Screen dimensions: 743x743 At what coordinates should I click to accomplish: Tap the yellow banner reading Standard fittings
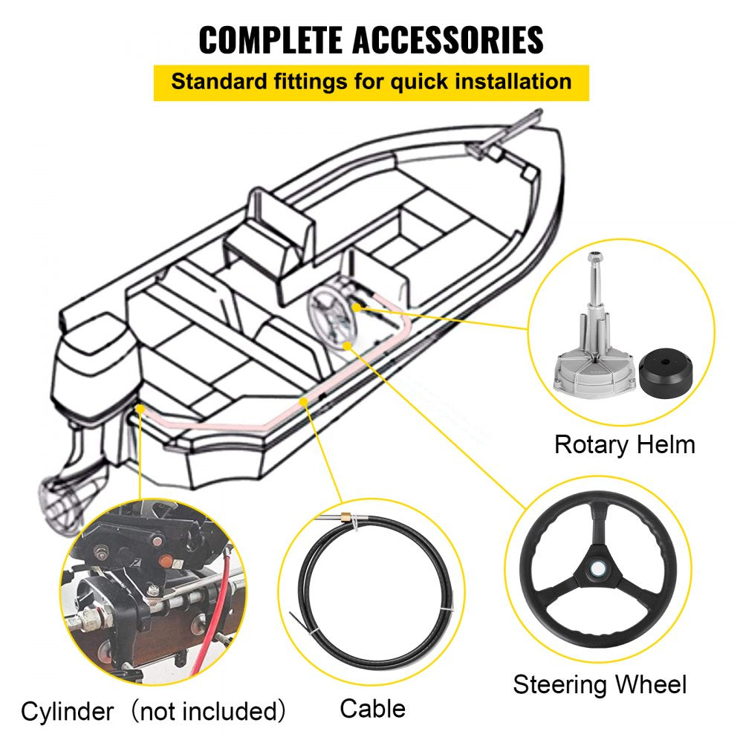pyautogui.click(x=371, y=82)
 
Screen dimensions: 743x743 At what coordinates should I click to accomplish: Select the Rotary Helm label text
pyautogui.click(x=624, y=444)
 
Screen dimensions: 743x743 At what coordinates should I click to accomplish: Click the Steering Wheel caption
pyautogui.click(x=600, y=684)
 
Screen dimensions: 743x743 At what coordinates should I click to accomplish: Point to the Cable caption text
pyautogui.click(x=372, y=708)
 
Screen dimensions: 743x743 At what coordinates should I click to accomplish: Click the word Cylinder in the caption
pyautogui.click(x=67, y=712)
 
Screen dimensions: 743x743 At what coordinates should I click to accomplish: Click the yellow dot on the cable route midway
pyautogui.click(x=303, y=401)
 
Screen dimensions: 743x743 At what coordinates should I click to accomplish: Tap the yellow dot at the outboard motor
pyautogui.click(x=140, y=408)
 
